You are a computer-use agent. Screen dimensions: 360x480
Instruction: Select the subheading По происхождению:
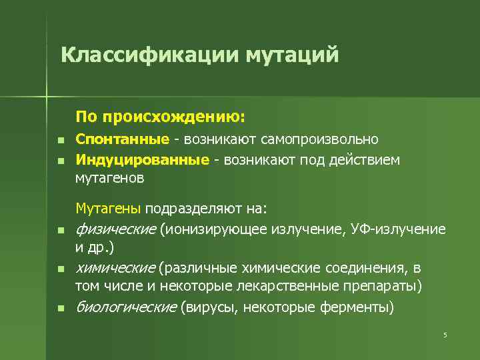[161, 117]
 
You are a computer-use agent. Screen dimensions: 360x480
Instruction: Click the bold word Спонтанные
[122, 140]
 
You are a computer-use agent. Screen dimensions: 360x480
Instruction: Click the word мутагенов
[110, 179]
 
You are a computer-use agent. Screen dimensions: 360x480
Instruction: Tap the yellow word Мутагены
[108, 209]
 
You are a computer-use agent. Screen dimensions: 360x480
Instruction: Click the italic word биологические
[127, 307]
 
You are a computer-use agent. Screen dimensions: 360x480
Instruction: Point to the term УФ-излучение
[410, 230]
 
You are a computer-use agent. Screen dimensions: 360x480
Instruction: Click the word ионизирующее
[212, 230]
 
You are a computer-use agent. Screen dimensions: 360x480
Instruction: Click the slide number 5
[445, 335]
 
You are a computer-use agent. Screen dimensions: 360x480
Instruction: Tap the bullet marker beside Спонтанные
[60, 141]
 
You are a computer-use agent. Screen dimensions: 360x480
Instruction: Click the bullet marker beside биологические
[60, 309]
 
